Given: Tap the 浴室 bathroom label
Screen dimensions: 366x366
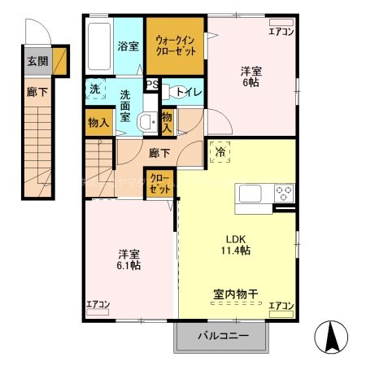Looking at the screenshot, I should (x=127, y=46).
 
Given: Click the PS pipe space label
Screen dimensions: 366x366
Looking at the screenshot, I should (x=151, y=83).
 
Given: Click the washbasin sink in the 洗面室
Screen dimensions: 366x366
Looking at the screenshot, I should (x=146, y=122).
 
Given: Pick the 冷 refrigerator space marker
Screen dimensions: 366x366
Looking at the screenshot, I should (x=220, y=150).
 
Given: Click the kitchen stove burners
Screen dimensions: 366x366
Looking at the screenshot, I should (x=285, y=194).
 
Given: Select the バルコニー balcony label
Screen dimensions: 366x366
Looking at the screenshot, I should (x=220, y=336).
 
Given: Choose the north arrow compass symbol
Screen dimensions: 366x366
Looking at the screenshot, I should (x=333, y=336).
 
